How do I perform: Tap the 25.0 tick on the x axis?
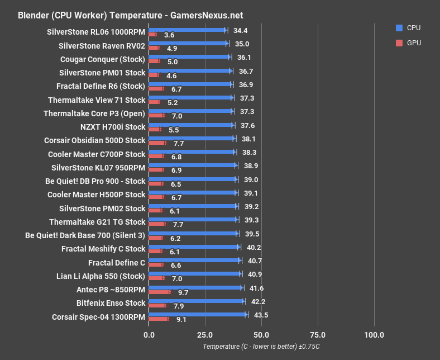205,335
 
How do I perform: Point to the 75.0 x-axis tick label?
318,335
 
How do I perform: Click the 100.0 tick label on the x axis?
374,335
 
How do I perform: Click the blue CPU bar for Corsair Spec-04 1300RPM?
197,315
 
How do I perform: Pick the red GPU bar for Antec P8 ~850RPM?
159,292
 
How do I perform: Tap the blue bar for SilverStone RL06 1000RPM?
187,30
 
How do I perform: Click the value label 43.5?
261,315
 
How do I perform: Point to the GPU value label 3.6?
169,35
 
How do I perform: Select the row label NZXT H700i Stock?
112,127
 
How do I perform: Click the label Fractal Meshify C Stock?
103,249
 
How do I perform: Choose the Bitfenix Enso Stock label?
111,303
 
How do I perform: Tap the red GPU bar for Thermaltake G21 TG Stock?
157,224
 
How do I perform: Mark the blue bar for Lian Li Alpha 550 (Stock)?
194,274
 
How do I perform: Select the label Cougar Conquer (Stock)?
102,59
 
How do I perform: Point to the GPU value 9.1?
181,320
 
